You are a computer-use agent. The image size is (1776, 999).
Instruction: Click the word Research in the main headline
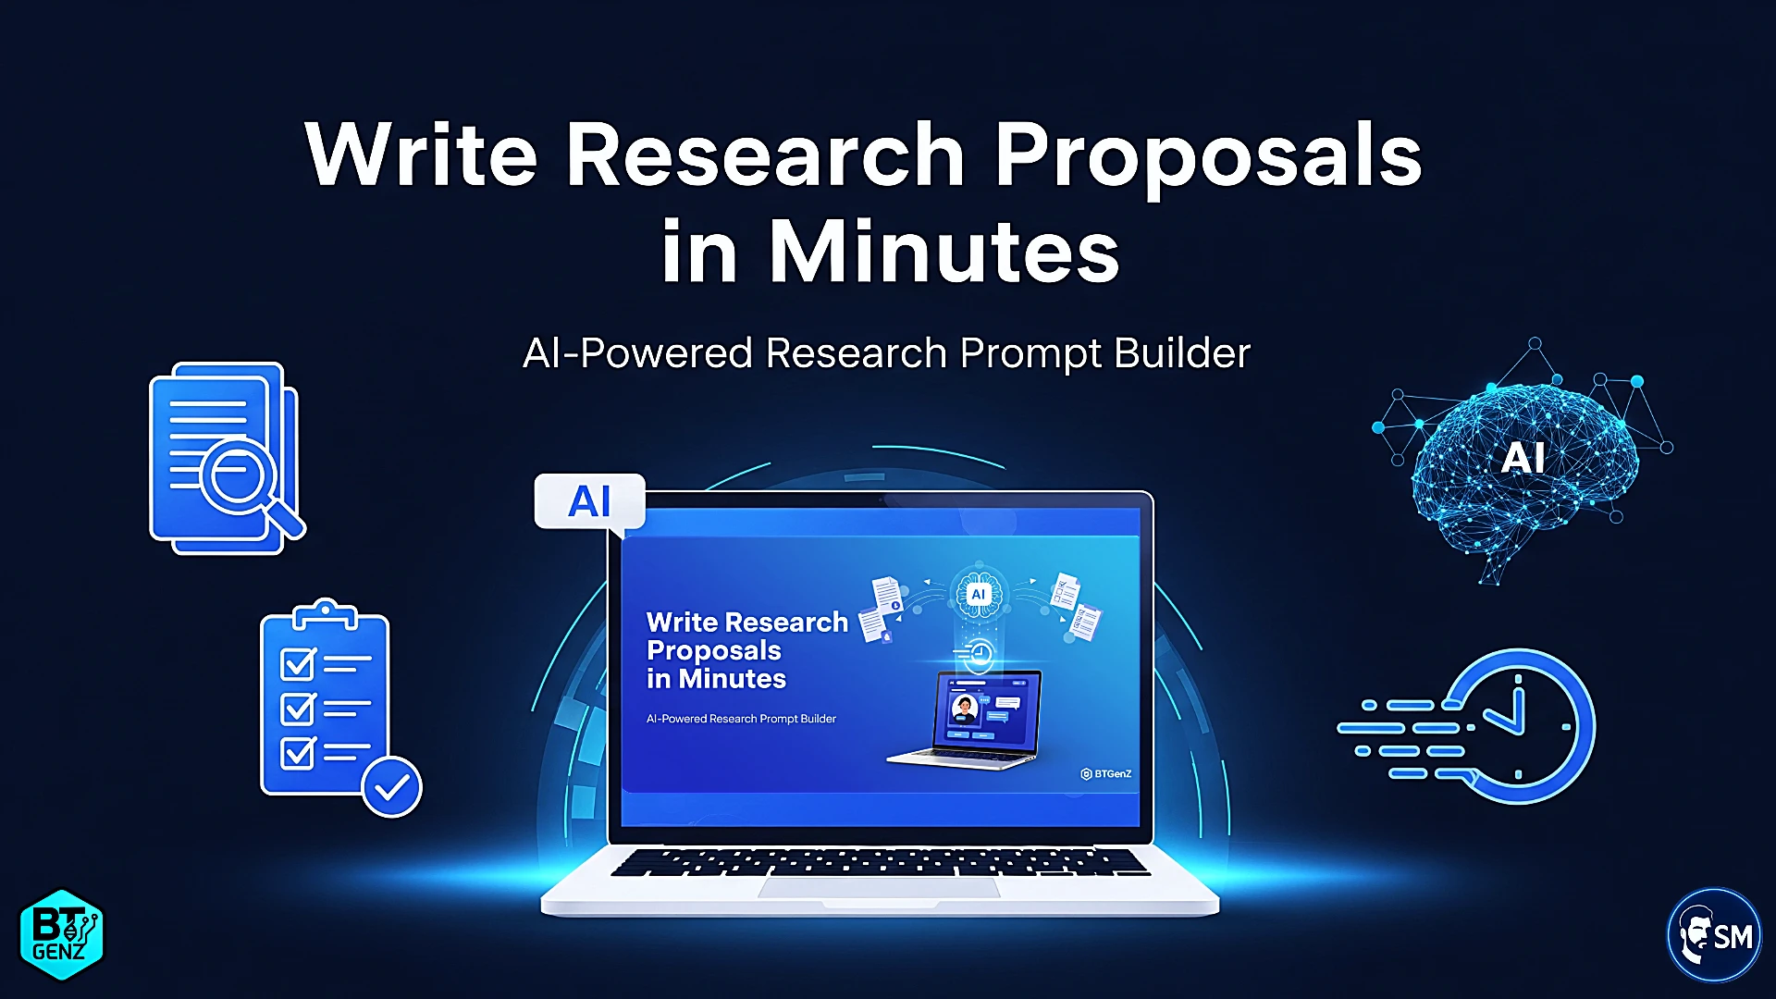(766, 154)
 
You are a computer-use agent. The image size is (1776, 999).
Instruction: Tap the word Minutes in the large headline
(944, 251)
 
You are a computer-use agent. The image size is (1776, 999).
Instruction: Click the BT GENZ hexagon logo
(61, 934)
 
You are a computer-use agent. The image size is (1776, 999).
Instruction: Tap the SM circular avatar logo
(1714, 935)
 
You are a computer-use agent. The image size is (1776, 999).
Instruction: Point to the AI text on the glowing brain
(1523, 458)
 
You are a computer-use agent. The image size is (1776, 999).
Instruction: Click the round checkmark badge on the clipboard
(392, 787)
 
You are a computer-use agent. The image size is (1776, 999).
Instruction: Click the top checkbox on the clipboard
(298, 663)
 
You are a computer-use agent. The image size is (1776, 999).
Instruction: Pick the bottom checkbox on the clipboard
(298, 752)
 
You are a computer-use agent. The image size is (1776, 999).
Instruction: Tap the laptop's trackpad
(879, 887)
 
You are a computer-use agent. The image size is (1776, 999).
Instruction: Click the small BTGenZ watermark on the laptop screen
(1106, 773)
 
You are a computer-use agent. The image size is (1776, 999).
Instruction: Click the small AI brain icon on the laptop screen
(978, 595)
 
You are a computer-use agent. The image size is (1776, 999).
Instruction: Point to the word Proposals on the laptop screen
(714, 651)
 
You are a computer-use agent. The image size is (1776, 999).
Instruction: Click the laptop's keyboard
(880, 861)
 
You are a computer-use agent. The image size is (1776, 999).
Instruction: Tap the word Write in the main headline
(422, 154)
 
